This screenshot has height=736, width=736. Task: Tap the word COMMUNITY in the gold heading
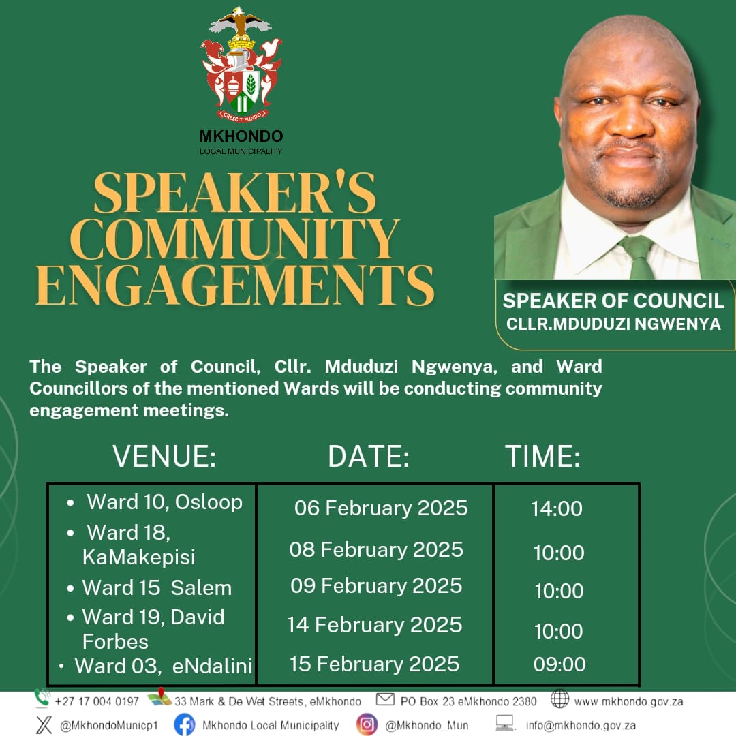(x=235, y=239)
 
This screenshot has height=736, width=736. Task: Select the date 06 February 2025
(x=381, y=508)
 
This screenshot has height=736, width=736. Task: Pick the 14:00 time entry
(x=557, y=509)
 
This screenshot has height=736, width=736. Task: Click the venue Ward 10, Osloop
(x=165, y=502)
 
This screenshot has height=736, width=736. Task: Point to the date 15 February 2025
(x=374, y=664)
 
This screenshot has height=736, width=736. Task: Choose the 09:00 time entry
(x=559, y=664)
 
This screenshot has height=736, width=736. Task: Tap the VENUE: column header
(x=164, y=456)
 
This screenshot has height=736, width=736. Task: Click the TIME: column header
(x=542, y=456)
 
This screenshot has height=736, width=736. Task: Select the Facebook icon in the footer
(x=185, y=724)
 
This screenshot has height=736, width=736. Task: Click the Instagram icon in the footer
(x=367, y=724)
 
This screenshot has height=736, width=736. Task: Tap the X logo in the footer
(x=44, y=724)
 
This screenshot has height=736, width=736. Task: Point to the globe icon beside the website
(x=559, y=699)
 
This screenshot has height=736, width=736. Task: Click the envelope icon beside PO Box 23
(x=385, y=699)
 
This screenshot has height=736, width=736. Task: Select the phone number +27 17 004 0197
(x=97, y=701)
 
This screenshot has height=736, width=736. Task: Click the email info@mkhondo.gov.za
(x=581, y=725)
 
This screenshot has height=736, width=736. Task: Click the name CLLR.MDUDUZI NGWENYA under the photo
(x=613, y=324)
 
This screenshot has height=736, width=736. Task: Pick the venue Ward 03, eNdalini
(x=164, y=666)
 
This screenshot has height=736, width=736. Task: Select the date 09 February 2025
(x=376, y=586)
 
